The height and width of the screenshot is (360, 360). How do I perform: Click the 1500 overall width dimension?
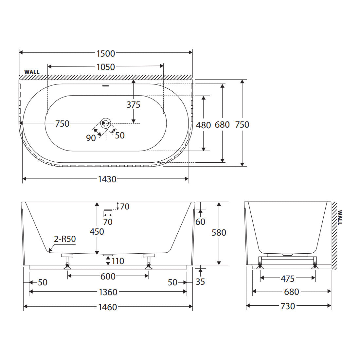pos(106,53)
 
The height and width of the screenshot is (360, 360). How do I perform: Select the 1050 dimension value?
pos(106,67)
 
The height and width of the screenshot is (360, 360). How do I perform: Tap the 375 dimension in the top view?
pos(134,105)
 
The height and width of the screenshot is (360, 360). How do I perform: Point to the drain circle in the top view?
pos(106,123)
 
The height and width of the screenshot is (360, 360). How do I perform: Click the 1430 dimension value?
pos(107,179)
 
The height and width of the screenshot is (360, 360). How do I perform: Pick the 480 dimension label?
pos(204,125)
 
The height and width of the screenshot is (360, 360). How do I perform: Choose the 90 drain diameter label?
pos(91,138)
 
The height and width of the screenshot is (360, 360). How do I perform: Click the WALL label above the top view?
pos(32,72)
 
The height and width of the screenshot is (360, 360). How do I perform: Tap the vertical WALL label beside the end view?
pos(340,217)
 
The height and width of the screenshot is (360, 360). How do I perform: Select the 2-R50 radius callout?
pos(65,239)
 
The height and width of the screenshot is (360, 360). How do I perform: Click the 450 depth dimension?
pos(97,232)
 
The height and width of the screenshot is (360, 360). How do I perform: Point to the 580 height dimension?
pos(219,233)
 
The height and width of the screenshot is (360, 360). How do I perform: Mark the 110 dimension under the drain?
pos(118,261)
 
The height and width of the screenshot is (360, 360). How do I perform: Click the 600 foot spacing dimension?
pos(108,277)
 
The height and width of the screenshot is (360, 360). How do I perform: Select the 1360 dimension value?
pos(108,292)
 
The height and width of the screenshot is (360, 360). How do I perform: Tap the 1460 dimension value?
pos(108,307)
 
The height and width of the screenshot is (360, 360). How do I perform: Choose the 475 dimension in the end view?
pos(287,279)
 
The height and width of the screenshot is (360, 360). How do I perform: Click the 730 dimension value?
pos(288,306)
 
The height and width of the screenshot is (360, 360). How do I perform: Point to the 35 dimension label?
pos(200,282)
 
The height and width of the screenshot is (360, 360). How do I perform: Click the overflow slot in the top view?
pos(106,86)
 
